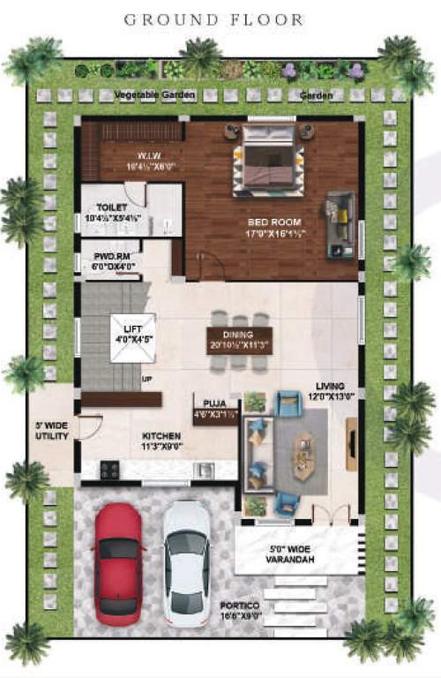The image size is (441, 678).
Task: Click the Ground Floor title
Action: click(x=213, y=19)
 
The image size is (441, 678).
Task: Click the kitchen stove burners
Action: click(x=109, y=470)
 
